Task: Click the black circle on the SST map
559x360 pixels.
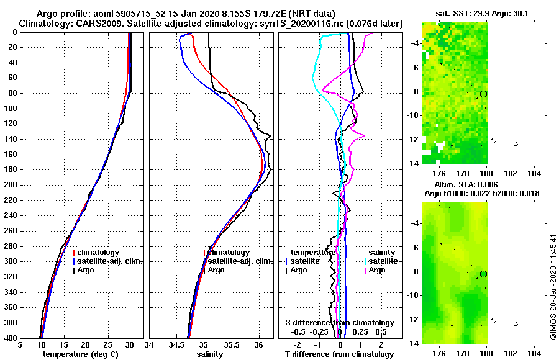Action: (x=484, y=94)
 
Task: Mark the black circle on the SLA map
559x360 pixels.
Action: (x=484, y=274)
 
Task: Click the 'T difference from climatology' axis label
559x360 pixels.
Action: (x=339, y=354)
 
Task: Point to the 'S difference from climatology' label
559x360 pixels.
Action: (x=339, y=323)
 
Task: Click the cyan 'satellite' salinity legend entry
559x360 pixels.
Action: (x=381, y=261)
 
